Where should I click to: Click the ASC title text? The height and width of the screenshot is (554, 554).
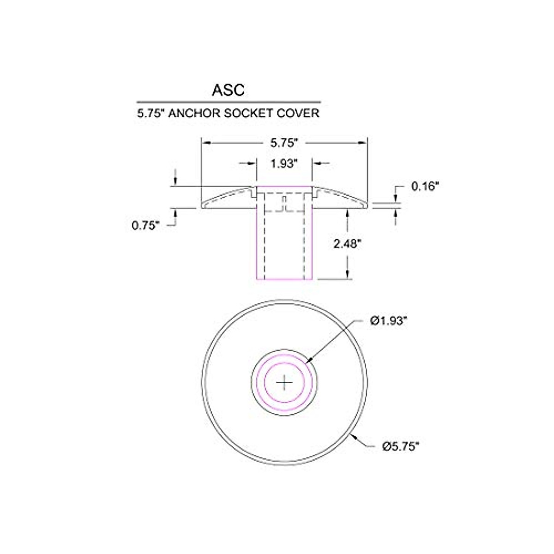click(228, 90)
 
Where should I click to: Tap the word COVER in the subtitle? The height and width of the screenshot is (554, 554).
click(298, 113)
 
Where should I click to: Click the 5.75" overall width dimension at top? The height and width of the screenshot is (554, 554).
click(283, 144)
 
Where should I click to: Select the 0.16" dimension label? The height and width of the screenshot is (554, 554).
click(424, 187)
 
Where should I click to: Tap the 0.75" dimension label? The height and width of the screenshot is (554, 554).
click(146, 225)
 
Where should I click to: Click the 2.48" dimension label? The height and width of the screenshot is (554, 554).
click(347, 244)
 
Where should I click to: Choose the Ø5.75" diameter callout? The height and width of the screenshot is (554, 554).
click(401, 446)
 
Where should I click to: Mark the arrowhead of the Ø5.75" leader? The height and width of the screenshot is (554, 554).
click(352, 434)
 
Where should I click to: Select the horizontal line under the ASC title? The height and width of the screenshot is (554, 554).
click(228, 102)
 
